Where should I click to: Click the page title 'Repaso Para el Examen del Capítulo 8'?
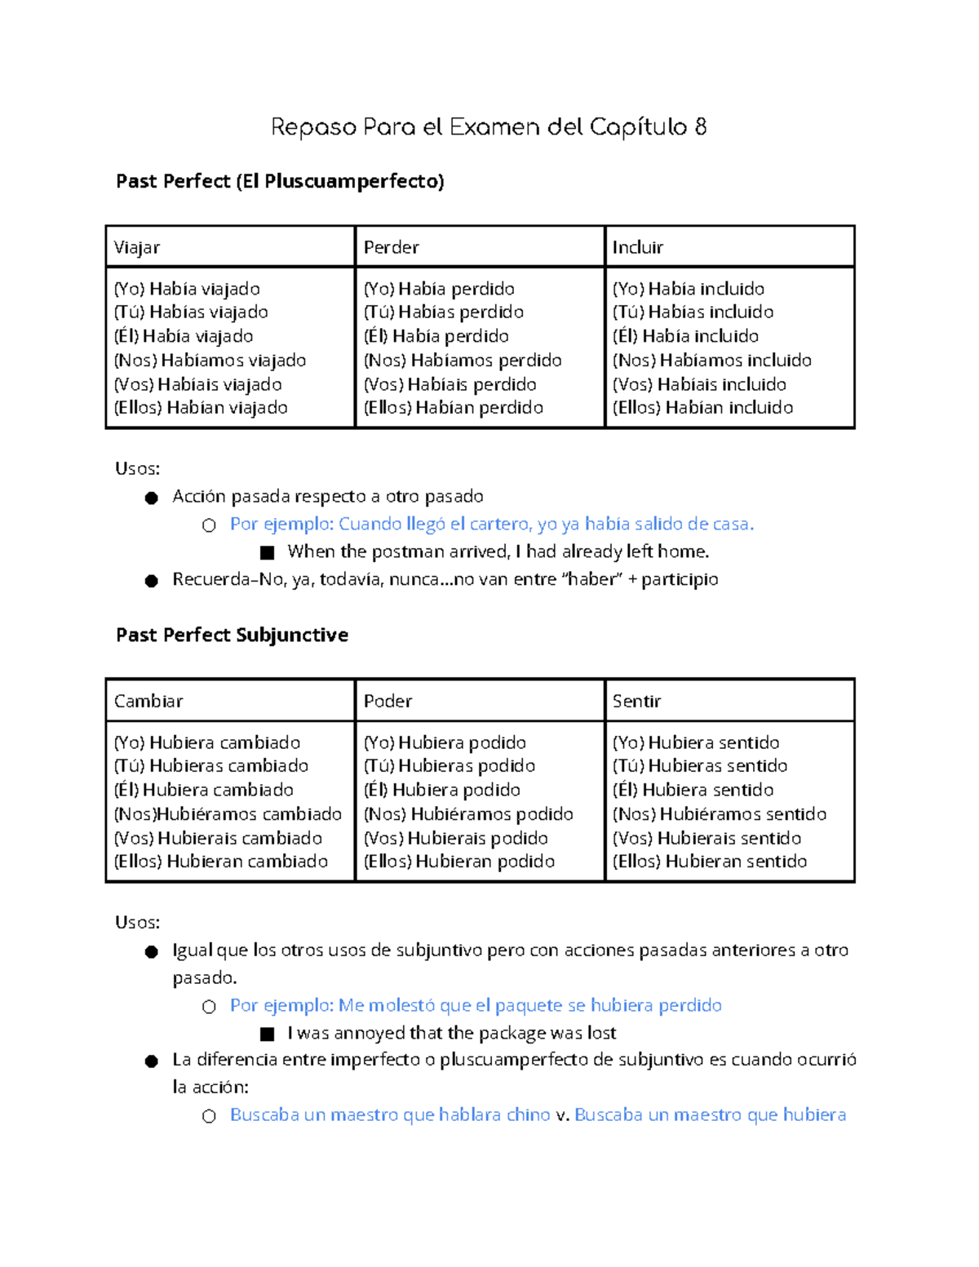488,127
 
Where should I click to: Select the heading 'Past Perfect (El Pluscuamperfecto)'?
280,181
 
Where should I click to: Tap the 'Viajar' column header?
137,247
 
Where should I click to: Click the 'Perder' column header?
391,247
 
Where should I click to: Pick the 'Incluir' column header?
637,247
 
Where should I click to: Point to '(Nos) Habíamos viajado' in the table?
210,360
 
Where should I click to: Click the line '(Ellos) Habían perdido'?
453,407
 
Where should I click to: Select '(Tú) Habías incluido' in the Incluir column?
693,312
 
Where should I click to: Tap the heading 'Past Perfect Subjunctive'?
232,635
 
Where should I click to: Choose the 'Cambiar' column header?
148,701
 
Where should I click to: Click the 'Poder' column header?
388,701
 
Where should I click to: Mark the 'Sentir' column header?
636,701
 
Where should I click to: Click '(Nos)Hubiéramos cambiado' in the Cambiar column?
228,813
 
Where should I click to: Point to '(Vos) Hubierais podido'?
455,838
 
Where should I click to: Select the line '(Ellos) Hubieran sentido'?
710,861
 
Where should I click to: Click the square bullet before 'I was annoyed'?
267,1034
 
